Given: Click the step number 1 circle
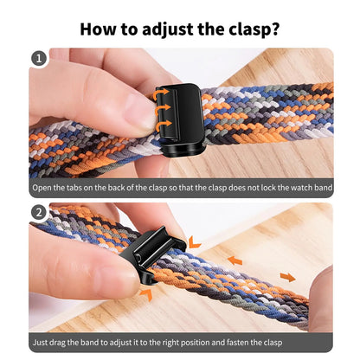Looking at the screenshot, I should (39, 59).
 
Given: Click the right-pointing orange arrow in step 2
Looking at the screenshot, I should (287, 277).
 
